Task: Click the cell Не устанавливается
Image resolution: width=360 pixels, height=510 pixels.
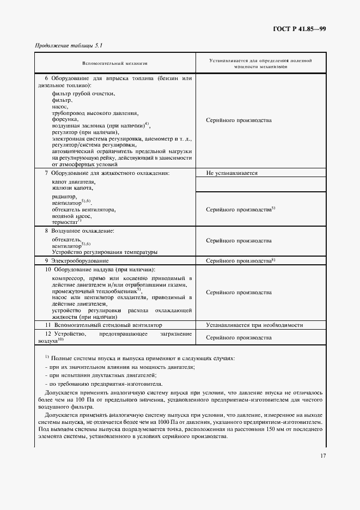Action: [231, 173]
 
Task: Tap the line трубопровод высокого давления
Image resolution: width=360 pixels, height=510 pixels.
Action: [95, 113]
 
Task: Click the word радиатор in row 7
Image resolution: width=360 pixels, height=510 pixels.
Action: [64, 196]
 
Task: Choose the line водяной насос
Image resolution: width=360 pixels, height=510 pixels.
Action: [71, 215]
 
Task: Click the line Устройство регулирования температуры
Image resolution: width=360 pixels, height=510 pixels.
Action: [105, 252]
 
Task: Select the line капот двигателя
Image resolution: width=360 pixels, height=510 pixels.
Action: [74, 181]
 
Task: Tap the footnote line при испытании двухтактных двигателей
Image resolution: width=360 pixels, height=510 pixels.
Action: [102, 375]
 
